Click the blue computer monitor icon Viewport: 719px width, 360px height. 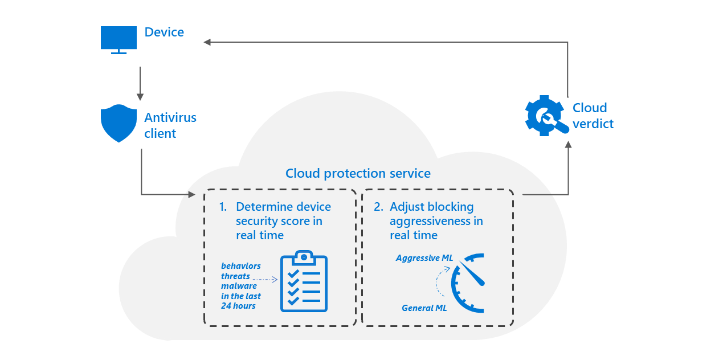(119, 39)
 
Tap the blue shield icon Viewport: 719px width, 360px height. (119, 123)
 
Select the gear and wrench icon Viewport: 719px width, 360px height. (545, 115)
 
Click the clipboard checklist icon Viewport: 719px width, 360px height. (304, 281)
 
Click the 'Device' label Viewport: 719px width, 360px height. (164, 32)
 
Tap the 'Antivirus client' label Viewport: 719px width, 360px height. (170, 125)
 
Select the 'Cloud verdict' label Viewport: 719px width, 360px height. (593, 116)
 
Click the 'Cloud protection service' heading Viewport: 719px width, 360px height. (358, 173)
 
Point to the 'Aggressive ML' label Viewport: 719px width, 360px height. (424, 258)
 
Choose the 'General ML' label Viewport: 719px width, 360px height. (424, 308)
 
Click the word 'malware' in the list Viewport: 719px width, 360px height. (239, 286)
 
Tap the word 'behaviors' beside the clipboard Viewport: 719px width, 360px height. (240, 266)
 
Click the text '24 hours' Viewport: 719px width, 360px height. (238, 306)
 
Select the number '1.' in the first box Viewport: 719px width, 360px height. (223, 207)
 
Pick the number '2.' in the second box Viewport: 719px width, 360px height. (378, 207)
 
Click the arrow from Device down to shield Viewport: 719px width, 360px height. (140, 83)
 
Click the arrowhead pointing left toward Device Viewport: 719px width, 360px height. (207, 42)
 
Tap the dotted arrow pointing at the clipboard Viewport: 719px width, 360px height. (264, 279)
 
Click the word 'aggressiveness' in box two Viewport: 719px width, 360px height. (436, 221)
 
